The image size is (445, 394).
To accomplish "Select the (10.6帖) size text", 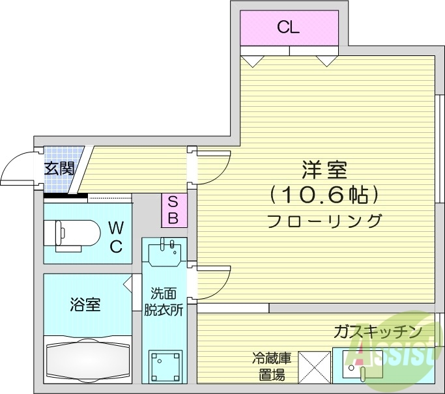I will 324,194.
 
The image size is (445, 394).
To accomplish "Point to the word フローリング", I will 324,220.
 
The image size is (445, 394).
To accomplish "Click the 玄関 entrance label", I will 59,169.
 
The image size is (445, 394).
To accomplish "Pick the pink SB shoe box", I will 173,210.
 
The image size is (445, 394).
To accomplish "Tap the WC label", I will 115,237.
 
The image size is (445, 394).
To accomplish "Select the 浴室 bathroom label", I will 85,304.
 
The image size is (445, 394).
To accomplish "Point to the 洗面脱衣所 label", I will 163,302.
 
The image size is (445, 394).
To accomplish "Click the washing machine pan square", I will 164,367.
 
